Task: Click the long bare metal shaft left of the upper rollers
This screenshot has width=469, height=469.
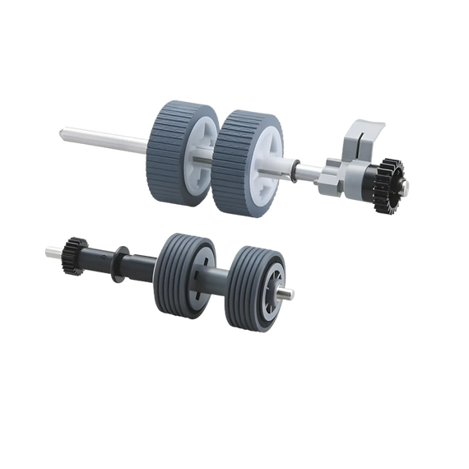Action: (107, 139)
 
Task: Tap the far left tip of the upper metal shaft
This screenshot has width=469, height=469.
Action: (63, 130)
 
